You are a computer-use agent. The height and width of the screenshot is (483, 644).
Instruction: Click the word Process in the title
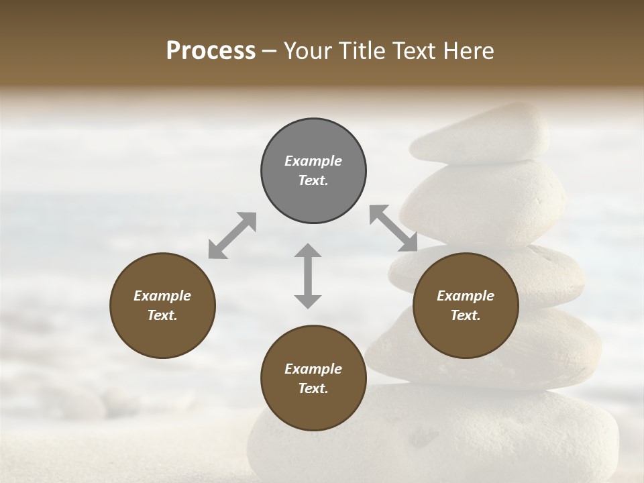click(x=211, y=51)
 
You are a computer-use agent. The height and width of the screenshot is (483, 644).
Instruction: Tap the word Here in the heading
click(x=470, y=51)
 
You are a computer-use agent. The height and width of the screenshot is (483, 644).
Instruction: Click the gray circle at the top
click(x=313, y=170)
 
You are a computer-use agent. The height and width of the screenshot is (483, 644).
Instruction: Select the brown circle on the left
click(x=162, y=305)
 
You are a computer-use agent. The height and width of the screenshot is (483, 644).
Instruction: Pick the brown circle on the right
click(x=465, y=305)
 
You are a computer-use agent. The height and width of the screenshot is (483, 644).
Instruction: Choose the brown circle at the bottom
click(x=313, y=378)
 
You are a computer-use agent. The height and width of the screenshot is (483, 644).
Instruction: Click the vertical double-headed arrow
click(x=308, y=276)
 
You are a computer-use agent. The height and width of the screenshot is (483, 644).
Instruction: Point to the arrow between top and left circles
click(x=232, y=235)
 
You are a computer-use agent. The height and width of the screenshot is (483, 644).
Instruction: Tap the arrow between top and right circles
click(x=393, y=228)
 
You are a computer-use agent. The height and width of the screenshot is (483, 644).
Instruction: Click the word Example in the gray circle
click(x=313, y=161)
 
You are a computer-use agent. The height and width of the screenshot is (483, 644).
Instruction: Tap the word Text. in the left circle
click(x=162, y=315)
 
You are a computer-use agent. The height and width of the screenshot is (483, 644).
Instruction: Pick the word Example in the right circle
click(x=465, y=296)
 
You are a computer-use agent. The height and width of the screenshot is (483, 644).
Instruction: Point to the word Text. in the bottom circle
click(x=313, y=388)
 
